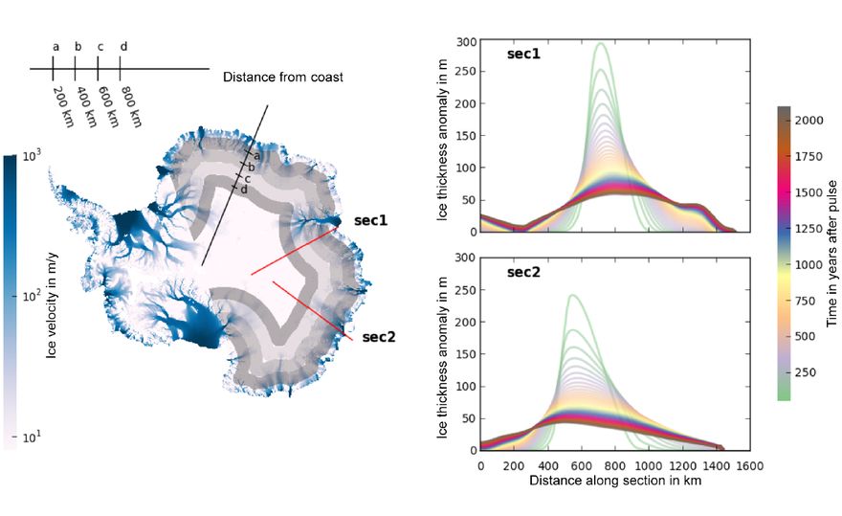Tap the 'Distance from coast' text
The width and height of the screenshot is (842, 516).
click(x=283, y=78)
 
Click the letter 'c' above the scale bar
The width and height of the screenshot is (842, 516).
click(x=99, y=46)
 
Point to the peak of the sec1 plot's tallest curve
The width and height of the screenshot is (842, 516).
click(x=601, y=44)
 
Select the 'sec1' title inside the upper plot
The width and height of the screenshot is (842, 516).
click(x=523, y=55)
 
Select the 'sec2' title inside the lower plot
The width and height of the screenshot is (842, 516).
click(x=523, y=273)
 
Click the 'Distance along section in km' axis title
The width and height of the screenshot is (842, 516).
click(x=614, y=481)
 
